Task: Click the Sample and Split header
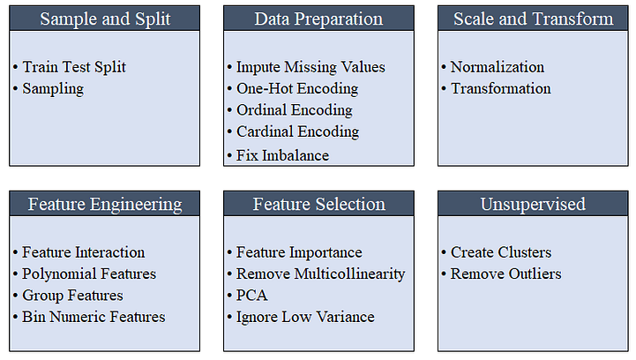pyautogui.click(x=104, y=19)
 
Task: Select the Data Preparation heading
pyautogui.click(x=318, y=19)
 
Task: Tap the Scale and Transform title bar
pyautogui.click(x=533, y=19)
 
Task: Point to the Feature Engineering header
pyautogui.click(x=104, y=204)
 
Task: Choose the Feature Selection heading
pyautogui.click(x=318, y=204)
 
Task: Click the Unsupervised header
pyautogui.click(x=533, y=204)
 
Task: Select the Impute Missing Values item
pyautogui.click(x=311, y=67)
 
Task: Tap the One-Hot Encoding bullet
pyautogui.click(x=297, y=88)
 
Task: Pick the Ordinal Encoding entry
pyautogui.click(x=294, y=110)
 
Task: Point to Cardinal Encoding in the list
pyautogui.click(x=297, y=131)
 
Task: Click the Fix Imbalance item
pyautogui.click(x=282, y=155)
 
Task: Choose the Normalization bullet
pyautogui.click(x=498, y=67)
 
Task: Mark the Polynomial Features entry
pyautogui.click(x=89, y=274)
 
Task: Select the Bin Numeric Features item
pyautogui.click(x=94, y=317)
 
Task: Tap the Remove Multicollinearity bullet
pyautogui.click(x=320, y=274)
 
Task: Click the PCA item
pyautogui.click(x=251, y=295)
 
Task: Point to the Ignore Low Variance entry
pyautogui.click(x=305, y=317)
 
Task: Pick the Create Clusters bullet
pyautogui.click(x=501, y=252)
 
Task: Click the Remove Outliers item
pyautogui.click(x=505, y=274)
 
